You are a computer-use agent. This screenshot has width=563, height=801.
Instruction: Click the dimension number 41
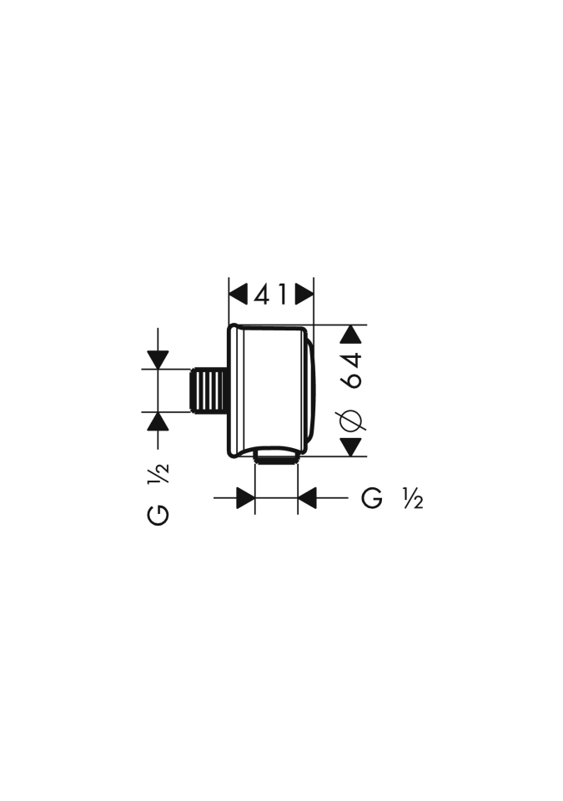[x=270, y=295]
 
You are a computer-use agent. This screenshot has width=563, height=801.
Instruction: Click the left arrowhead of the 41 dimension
[x=238, y=295]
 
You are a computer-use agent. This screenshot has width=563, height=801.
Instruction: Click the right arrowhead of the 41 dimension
[x=304, y=295]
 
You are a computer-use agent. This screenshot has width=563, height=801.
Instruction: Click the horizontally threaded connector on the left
[x=208, y=390]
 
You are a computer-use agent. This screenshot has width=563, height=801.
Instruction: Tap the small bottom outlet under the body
[x=276, y=457]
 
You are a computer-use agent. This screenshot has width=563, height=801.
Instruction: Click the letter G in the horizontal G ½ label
[x=372, y=498]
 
